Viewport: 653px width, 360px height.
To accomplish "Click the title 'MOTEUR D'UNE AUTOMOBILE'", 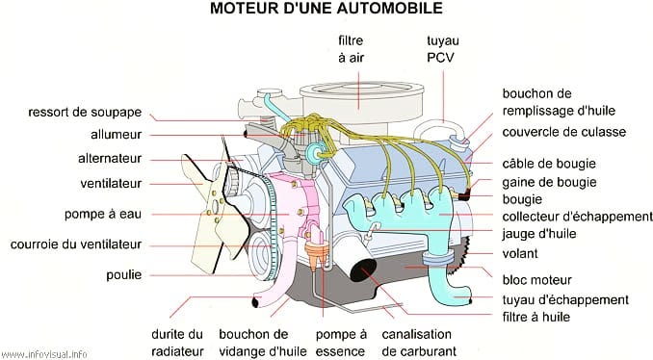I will click(x=326, y=9).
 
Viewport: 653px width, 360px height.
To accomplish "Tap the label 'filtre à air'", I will click(x=351, y=49).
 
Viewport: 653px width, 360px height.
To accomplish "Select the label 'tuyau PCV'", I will click(x=443, y=49).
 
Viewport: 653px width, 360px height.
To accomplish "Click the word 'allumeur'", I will click(x=117, y=136).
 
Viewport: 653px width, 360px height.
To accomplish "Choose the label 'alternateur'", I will click(x=110, y=159).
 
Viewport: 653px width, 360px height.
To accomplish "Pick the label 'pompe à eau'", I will click(x=103, y=214).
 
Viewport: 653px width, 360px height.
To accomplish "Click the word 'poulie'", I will click(x=124, y=275).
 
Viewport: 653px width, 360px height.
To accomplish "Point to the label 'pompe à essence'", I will click(x=341, y=343).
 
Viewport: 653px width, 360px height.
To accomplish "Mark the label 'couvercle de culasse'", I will click(x=563, y=132).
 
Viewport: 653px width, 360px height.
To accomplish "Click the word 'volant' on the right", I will click(x=520, y=254).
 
